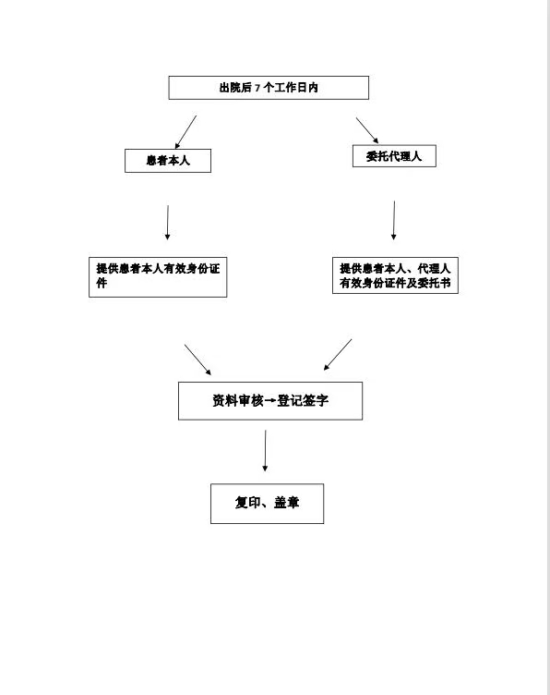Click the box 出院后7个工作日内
(x=269, y=88)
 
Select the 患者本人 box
(x=168, y=161)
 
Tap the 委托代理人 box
(x=394, y=156)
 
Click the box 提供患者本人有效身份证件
(x=158, y=277)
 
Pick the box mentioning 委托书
(x=395, y=275)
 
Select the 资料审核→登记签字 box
(x=270, y=401)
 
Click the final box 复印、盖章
(x=268, y=504)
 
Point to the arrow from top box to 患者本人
(x=185, y=132)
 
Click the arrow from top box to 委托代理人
(x=367, y=130)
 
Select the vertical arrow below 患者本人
(x=168, y=223)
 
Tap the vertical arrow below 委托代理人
(x=394, y=220)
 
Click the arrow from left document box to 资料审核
(x=197, y=360)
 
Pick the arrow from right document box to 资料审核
(x=338, y=355)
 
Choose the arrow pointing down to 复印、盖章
(x=265, y=451)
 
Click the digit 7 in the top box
(x=257, y=88)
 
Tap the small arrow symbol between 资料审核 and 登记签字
(x=269, y=401)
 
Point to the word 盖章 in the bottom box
(x=287, y=503)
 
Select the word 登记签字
(x=303, y=401)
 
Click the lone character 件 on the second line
(x=102, y=283)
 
